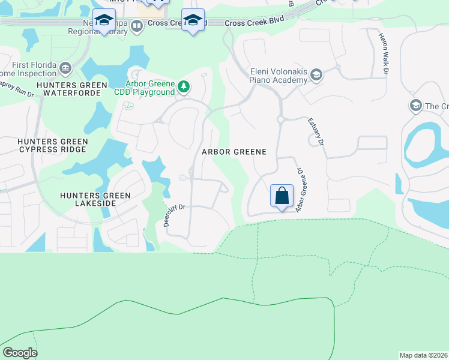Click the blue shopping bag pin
click(282, 196)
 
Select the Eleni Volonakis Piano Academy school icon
click(316, 74)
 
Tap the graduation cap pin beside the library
click(104, 20)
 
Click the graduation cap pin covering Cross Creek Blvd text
click(193, 20)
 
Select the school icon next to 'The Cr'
click(415, 106)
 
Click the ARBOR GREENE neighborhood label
click(234, 152)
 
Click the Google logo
click(20, 353)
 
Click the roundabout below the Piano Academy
click(280, 119)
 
